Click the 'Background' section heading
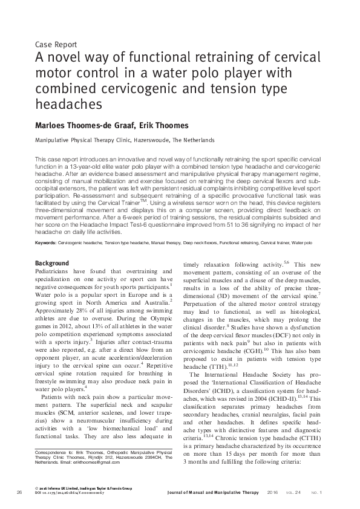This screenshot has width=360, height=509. [x=52, y=264]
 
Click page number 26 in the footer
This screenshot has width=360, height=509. [x=19, y=493]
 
